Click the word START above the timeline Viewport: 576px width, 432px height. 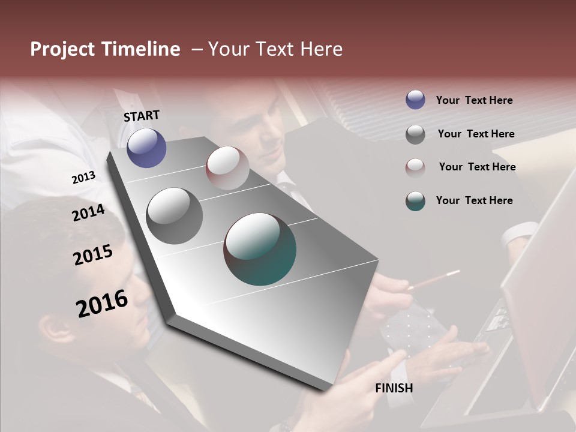(142, 116)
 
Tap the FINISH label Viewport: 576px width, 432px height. (394, 388)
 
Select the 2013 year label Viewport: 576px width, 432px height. (83, 177)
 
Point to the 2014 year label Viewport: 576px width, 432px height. (88, 213)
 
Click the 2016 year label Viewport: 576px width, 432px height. (102, 304)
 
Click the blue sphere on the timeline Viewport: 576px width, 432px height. (146, 148)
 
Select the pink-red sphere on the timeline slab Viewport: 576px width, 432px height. (227, 168)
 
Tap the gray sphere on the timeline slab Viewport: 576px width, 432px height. (174, 216)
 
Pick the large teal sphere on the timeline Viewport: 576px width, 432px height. (260, 249)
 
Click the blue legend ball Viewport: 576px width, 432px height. (415, 100)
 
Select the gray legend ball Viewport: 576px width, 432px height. (415, 134)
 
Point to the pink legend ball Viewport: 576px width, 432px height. (415, 167)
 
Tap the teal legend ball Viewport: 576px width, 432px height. (415, 201)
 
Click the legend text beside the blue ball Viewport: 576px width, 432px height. (474, 101)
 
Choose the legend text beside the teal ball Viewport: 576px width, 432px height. (474, 200)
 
